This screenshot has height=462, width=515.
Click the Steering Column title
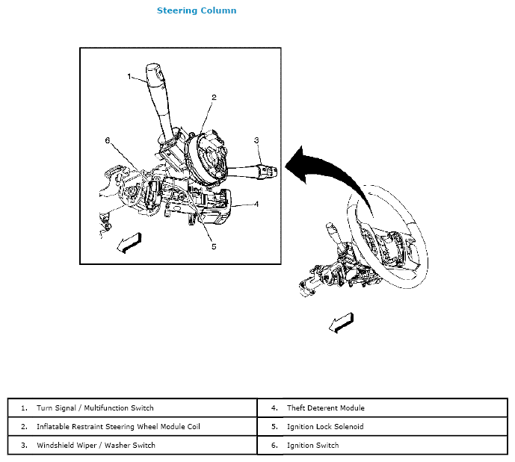pyautogui.click(x=197, y=10)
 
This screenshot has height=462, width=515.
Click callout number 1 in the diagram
pyautogui.click(x=129, y=76)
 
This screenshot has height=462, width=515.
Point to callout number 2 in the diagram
pyautogui.click(x=214, y=98)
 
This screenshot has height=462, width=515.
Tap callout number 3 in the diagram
pyautogui.click(x=256, y=140)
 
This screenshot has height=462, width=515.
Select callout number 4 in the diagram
pyautogui.click(x=256, y=203)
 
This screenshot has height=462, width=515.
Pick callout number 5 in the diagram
pyautogui.click(x=213, y=246)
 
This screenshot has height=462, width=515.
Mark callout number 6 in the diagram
pyautogui.click(x=108, y=140)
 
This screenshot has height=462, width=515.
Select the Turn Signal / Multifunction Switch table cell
pyautogui.click(x=95, y=408)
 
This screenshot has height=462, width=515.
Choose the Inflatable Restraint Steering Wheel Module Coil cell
pyautogui.click(x=118, y=427)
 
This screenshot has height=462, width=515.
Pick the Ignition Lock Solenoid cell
pyautogui.click(x=325, y=427)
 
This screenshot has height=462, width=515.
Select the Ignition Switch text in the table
pyautogui.click(x=312, y=446)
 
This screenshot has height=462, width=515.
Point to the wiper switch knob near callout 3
pyautogui.click(x=267, y=169)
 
